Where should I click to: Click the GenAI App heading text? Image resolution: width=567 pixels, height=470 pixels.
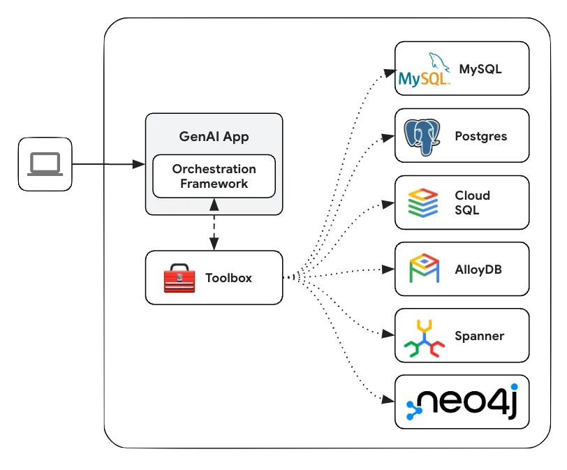coord(214,136)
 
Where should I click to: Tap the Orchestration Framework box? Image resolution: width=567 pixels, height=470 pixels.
coord(214,176)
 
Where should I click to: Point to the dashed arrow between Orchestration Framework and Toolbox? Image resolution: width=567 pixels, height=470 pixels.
coord(214,223)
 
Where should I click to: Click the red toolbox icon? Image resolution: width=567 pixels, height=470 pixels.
coord(179,278)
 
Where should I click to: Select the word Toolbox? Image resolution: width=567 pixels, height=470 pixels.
coord(228,278)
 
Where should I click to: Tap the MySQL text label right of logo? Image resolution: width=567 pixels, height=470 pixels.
coord(480,69)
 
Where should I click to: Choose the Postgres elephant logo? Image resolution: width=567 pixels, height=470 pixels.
coord(422,136)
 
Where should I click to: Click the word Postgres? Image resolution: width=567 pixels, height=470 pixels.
coord(480,136)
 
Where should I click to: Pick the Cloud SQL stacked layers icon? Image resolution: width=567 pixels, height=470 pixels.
coord(423,203)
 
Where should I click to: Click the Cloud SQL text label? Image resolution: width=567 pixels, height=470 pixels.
coord(473,203)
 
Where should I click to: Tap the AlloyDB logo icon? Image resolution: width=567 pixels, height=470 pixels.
coord(423,269)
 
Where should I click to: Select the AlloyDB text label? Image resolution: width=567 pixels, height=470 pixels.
coord(478,270)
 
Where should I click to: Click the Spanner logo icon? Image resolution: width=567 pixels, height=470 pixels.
coord(423,337)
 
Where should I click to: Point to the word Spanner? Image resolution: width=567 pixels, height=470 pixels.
coord(479,336)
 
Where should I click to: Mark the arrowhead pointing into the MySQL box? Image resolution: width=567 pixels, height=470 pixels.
coord(391,71)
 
